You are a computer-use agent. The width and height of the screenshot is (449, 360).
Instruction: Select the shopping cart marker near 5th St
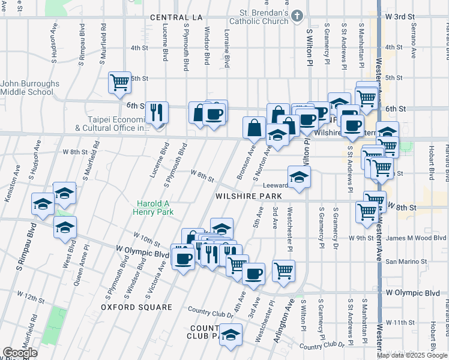119,82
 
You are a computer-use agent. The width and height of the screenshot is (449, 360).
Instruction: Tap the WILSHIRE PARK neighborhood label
245,196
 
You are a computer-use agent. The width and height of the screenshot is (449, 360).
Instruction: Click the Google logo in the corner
20,353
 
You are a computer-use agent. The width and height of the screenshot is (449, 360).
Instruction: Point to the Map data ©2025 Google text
412,355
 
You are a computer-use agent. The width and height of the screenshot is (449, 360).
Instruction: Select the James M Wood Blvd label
417,238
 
